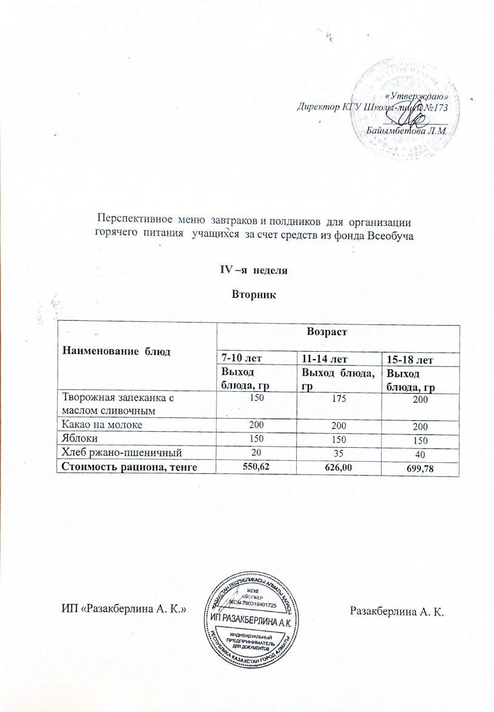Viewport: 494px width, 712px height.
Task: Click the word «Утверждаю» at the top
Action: [x=418, y=96]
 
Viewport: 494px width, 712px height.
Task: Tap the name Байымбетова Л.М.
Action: [x=407, y=130]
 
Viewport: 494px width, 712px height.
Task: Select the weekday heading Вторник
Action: [x=254, y=296]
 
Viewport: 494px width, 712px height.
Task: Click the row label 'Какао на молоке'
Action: [x=101, y=425]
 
